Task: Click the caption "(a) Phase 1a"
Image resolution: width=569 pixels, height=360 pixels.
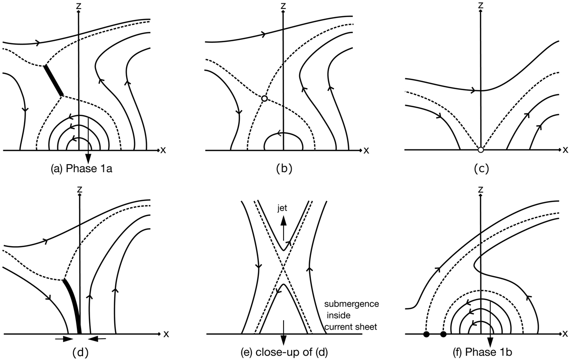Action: [81, 169]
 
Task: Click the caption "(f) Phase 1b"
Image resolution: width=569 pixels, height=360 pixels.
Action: [482, 352]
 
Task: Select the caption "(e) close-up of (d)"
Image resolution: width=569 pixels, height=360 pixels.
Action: [284, 352]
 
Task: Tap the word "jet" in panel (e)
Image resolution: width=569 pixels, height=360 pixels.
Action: [282, 208]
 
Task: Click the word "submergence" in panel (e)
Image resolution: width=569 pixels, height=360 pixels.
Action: [351, 304]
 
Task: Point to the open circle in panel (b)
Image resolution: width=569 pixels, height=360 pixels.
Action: [265, 98]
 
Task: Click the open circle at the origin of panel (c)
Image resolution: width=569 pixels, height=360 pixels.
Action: [480, 150]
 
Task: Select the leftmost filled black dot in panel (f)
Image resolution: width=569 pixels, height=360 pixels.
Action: [426, 334]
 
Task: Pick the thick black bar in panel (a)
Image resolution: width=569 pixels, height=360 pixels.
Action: [53, 81]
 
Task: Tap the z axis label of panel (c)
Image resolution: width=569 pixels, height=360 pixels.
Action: [480, 5]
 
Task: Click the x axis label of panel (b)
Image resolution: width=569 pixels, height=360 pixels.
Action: [366, 150]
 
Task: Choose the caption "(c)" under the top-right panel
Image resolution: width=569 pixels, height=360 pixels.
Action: [481, 169]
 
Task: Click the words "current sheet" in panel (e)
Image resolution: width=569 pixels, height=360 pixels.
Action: [351, 327]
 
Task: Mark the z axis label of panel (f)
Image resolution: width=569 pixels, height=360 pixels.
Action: [480, 189]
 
